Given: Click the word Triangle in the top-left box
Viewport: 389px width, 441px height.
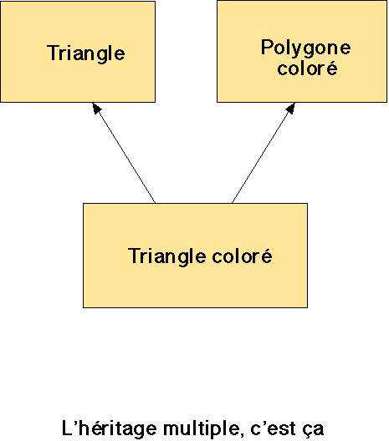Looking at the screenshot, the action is tap(86, 53).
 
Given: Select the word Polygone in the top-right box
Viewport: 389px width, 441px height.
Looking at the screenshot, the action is tap(306, 48).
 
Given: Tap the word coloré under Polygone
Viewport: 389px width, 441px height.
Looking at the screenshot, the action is tap(307, 68).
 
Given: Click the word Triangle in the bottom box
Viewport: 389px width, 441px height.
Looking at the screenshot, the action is tap(167, 256).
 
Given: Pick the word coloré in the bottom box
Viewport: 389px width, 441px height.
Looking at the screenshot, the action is tap(243, 256).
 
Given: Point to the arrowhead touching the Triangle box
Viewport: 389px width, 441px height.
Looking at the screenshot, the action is tap(96, 108).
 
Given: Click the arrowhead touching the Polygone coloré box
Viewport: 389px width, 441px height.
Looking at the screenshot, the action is tap(290, 109).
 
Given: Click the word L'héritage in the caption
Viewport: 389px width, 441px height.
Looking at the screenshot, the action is tap(109, 429).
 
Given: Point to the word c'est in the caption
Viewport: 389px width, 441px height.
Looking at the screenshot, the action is tap(274, 428).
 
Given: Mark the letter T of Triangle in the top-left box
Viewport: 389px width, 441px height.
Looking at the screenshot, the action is tap(53, 53).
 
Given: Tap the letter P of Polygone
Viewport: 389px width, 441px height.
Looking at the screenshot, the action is tap(267, 47).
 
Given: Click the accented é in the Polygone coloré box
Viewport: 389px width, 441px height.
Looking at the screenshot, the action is tap(331, 68).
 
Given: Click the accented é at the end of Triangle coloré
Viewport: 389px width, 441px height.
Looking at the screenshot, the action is tap(266, 256).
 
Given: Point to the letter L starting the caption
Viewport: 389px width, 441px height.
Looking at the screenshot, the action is tap(67, 428).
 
